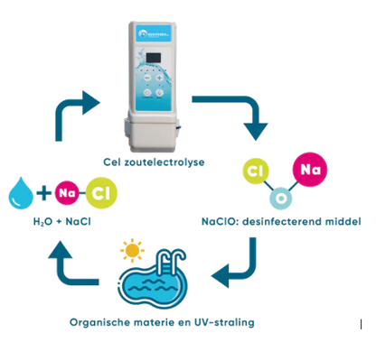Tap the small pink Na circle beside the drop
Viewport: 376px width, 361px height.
[65, 191]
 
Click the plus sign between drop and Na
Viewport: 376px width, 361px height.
[42, 191]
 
